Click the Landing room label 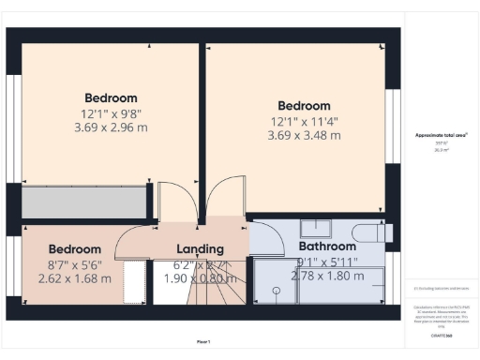(x=201, y=249)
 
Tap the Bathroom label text (x=328, y=247)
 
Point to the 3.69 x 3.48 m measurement (x=302, y=136)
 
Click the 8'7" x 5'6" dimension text (x=74, y=265)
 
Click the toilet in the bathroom (x=370, y=231)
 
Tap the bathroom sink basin (x=322, y=227)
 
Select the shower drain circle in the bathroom (x=277, y=291)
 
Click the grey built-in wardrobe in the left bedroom (x=84, y=202)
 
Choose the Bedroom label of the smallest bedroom (x=74, y=249)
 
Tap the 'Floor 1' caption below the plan (x=203, y=341)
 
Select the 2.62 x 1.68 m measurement (x=74, y=278)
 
